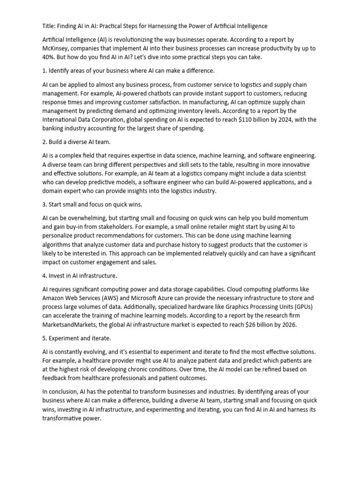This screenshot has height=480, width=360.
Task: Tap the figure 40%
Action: click(x=50, y=57)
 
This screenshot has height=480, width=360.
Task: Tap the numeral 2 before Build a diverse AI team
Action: click(x=44, y=142)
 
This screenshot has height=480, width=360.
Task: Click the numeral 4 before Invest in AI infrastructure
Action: click(x=44, y=276)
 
